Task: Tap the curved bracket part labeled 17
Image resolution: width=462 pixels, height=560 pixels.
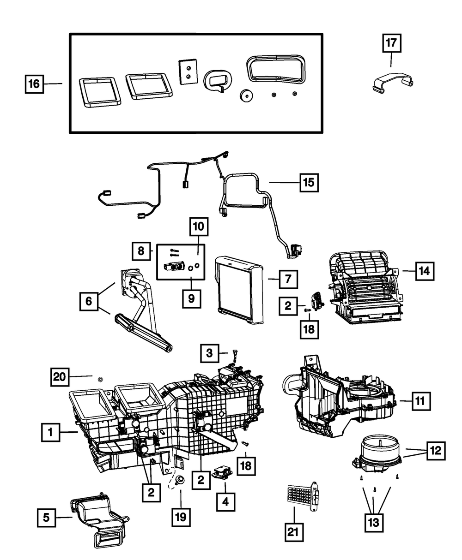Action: [x=392, y=83]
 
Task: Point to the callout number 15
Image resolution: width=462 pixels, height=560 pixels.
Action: [x=308, y=183]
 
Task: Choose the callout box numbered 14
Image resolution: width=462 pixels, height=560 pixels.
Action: [x=424, y=271]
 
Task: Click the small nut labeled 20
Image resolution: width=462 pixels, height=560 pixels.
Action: [x=100, y=380]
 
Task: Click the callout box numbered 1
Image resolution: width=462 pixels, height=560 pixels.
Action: [x=51, y=433]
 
